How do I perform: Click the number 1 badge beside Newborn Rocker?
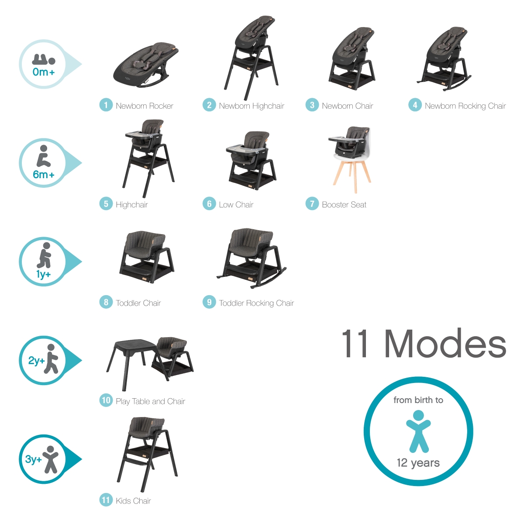106,105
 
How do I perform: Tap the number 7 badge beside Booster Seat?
312,203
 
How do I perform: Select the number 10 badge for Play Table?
106,400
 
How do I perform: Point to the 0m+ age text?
44,72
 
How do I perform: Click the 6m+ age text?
44,174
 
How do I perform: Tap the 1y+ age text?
44,274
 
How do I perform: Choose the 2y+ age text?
36,361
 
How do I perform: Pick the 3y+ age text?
34,459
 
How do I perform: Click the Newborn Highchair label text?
252,106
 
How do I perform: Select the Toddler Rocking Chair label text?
256,303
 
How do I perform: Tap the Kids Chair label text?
133,501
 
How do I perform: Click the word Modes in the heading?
445,344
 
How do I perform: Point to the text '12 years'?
418,462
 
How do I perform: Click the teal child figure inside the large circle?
418,431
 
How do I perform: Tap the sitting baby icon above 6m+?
44,156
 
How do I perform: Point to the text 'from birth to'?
418,400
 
